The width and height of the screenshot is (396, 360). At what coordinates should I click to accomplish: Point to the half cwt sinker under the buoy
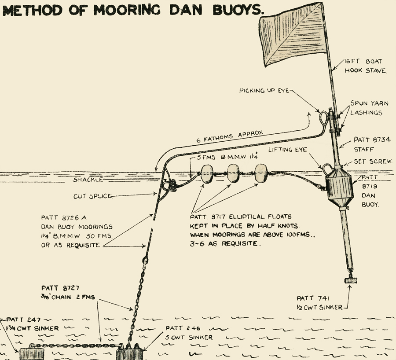click(350, 280)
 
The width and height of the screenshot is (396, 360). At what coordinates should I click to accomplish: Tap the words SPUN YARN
click(369, 104)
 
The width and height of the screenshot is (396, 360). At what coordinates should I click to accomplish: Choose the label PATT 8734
click(372, 140)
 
